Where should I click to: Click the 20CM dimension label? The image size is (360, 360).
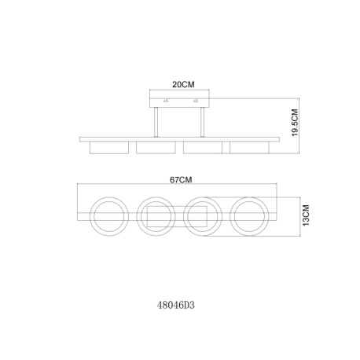[183, 85]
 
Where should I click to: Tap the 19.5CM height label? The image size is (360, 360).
[295, 123]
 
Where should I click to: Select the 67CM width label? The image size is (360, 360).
[181, 180]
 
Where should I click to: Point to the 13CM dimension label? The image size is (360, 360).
[306, 215]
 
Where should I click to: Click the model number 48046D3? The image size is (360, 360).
[176, 305]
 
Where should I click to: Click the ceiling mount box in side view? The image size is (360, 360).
[179, 99]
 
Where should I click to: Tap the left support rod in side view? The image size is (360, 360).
[156, 122]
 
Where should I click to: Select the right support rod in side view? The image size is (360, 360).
[202, 122]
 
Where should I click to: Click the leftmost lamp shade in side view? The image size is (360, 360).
[109, 148]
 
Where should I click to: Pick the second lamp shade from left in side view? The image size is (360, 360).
[156, 148]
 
